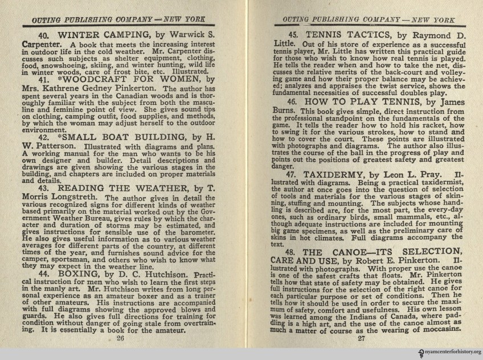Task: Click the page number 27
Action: click(x=361, y=338)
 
